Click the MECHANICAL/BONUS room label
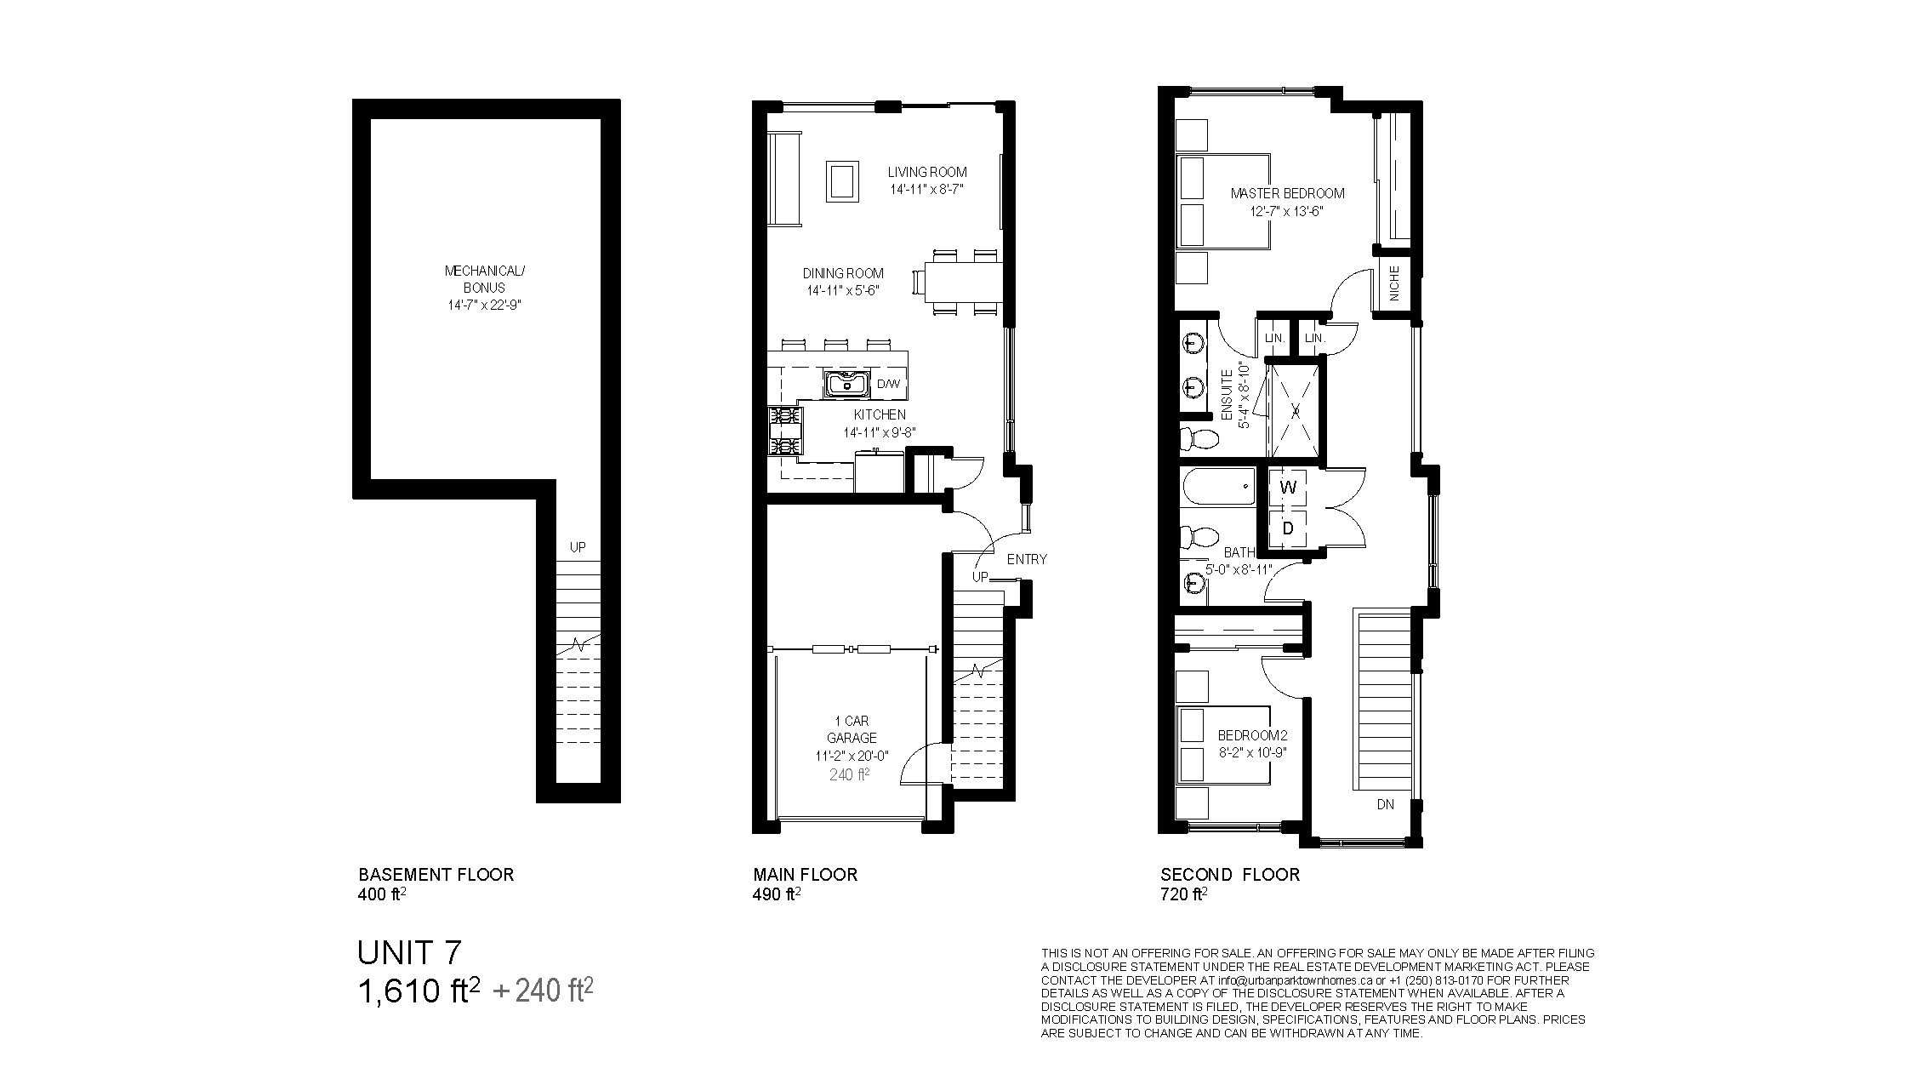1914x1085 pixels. tap(485, 279)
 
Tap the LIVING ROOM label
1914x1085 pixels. tap(927, 172)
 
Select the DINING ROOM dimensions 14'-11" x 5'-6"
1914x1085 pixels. tap(843, 290)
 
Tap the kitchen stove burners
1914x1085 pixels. tap(191, 431)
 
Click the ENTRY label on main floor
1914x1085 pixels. tap(1027, 559)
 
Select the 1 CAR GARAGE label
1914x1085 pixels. tap(852, 729)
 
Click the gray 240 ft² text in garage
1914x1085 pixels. tap(849, 774)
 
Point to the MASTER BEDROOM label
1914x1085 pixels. tap(1287, 193)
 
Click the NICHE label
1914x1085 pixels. tap(1394, 283)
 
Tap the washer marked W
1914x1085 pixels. tap(1288, 488)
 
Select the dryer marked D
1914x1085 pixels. tap(1288, 528)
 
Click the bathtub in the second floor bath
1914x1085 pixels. tap(1217, 488)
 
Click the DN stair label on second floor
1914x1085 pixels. tap(1386, 804)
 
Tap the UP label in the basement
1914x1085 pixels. tap(578, 547)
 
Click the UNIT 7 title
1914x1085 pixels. tap(410, 952)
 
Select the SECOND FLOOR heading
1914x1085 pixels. tap(1230, 874)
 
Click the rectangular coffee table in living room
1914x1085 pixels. tap(247, 181)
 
